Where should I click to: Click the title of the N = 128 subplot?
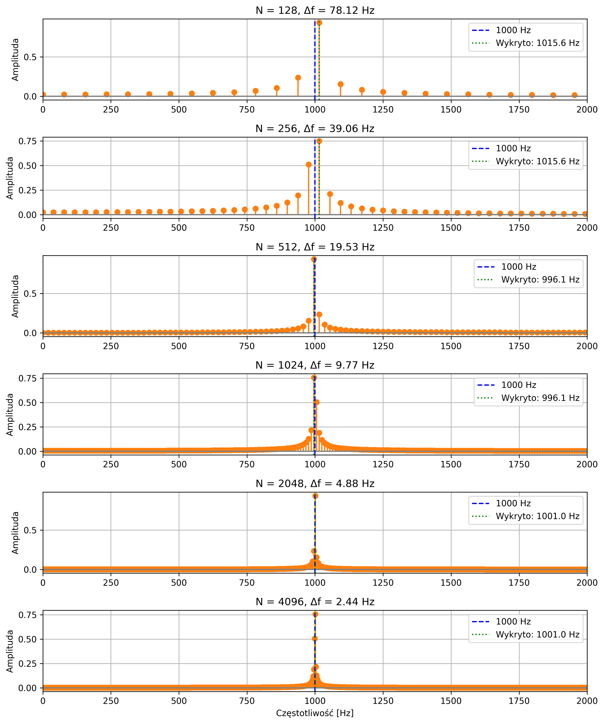pyautogui.click(x=315, y=10)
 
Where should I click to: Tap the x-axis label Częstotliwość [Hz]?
pyautogui.click(x=315, y=713)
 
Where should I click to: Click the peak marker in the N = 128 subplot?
pyautogui.click(x=319, y=23)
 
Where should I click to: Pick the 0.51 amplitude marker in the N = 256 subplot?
pyautogui.click(x=309, y=165)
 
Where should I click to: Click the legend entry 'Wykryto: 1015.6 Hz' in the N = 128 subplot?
pyautogui.click(x=537, y=43)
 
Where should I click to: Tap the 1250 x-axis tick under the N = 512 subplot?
pyautogui.click(x=383, y=346)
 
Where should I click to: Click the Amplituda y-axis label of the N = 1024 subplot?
pyautogui.click(x=10, y=415)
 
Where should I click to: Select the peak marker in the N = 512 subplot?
pyautogui.click(x=314, y=259)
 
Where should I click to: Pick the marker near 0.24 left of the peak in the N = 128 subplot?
pyautogui.click(x=298, y=78)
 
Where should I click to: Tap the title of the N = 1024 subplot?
pyautogui.click(x=315, y=365)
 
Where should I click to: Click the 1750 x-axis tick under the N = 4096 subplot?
pyautogui.click(x=519, y=701)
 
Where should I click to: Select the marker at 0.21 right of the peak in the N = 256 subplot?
pyautogui.click(x=330, y=194)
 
